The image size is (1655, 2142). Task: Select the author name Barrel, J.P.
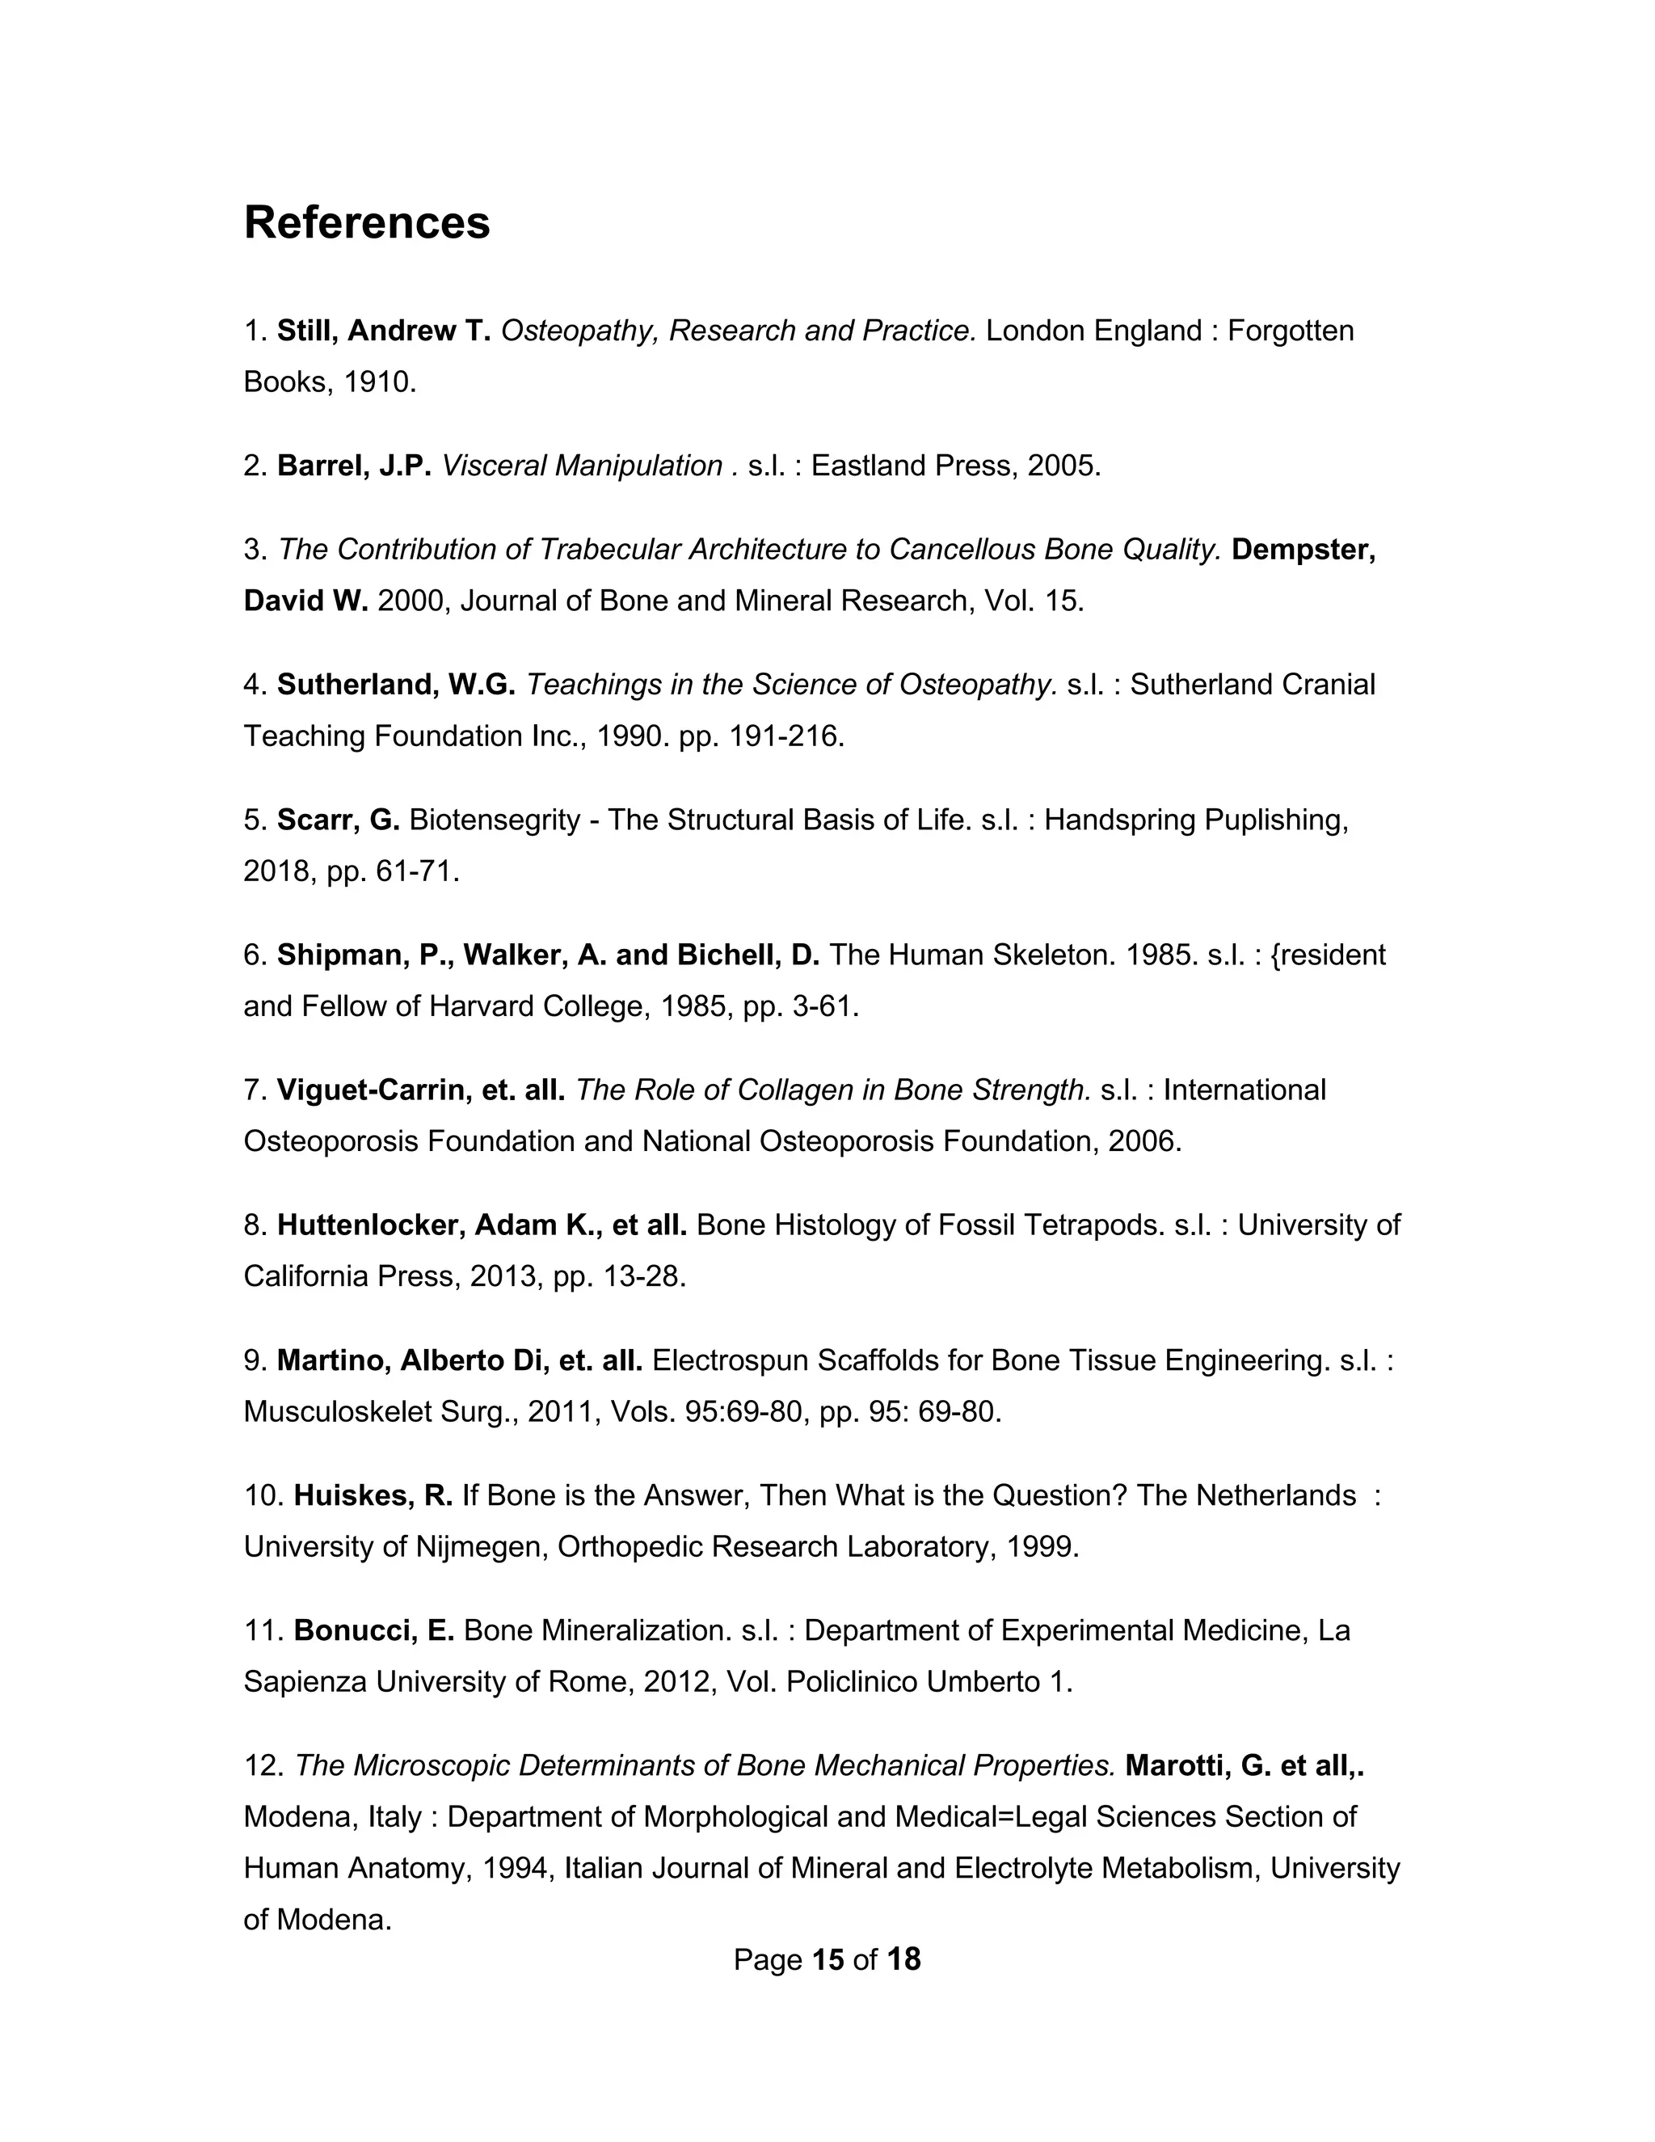coord(354,465)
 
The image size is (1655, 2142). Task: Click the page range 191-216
coord(785,736)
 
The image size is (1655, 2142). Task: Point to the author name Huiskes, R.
coord(373,1495)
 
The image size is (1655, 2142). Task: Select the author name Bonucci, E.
coord(373,1630)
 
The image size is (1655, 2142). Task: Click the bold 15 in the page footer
coord(828,1959)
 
